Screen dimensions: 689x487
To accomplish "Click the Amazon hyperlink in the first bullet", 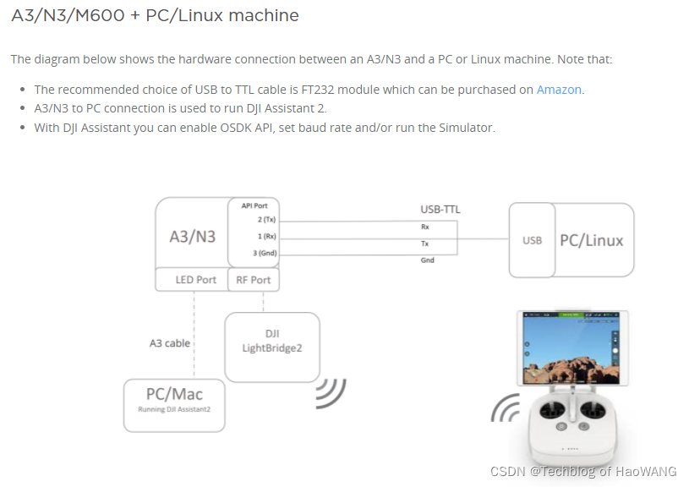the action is click(x=559, y=90).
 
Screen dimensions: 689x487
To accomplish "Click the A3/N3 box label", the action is click(x=193, y=237).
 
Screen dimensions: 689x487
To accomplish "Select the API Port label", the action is click(x=254, y=205).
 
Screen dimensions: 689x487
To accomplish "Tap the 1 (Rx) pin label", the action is click(x=266, y=236).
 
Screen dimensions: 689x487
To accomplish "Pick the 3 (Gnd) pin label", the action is click(x=264, y=253).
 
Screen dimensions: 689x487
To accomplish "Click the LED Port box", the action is click(x=195, y=280).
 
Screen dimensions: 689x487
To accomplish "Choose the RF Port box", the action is click(x=254, y=280).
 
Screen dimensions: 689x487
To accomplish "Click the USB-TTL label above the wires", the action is click(x=440, y=209).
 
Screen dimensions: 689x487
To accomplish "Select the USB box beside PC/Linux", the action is click(x=532, y=240).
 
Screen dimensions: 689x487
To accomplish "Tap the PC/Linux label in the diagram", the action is click(x=591, y=240).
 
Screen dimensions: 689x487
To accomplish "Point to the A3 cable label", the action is click(x=170, y=343).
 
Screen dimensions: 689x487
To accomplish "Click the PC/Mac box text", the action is click(x=174, y=395).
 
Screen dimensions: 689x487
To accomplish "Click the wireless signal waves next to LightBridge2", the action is click(x=332, y=391).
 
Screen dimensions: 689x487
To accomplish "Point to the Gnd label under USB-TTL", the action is click(x=428, y=260).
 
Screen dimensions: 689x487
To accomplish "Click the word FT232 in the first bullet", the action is click(x=319, y=90).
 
